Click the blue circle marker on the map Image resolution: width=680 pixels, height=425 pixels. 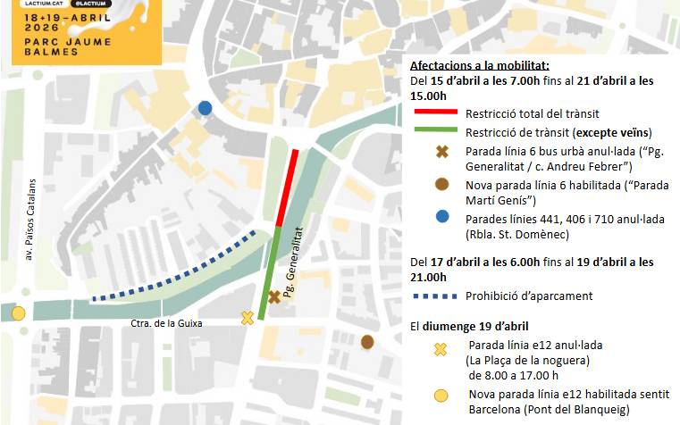[x=205, y=108]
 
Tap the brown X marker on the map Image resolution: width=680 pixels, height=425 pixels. [x=274, y=296]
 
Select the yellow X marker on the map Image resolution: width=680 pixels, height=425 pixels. [x=248, y=318]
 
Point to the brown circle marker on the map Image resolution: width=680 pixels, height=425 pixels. [x=366, y=341]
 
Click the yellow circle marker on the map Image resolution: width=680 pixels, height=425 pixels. [x=18, y=312]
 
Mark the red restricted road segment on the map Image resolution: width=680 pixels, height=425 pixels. [x=288, y=187]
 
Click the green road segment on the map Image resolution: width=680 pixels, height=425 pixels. [x=271, y=268]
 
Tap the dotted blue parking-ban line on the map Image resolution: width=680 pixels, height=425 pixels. [x=179, y=272]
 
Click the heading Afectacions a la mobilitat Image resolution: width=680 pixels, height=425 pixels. [x=479, y=65]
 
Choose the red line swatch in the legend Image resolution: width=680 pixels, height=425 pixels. [x=434, y=113]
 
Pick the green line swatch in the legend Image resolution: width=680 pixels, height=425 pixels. [x=434, y=131]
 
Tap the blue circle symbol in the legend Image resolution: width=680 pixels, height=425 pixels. [x=441, y=217]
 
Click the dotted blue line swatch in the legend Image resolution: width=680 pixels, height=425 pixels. [x=434, y=296]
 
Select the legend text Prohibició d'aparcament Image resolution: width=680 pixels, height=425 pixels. [x=529, y=296]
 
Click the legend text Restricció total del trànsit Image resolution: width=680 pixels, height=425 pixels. [x=533, y=113]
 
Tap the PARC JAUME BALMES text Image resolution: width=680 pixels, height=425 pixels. [x=45, y=45]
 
